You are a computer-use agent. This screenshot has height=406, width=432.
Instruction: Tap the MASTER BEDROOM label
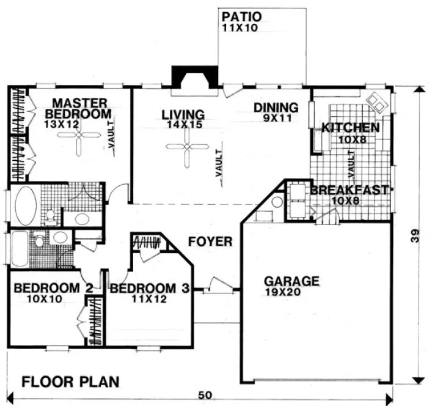point(80,108)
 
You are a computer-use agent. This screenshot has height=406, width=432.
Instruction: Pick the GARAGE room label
point(291,282)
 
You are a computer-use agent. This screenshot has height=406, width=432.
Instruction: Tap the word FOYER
point(210,242)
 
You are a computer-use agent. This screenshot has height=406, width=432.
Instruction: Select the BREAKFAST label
point(349,190)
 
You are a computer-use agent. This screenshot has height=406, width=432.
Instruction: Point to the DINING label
point(276,108)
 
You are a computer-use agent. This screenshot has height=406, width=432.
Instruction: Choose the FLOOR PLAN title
point(71,382)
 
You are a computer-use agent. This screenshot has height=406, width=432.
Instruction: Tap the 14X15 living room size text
point(181,125)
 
